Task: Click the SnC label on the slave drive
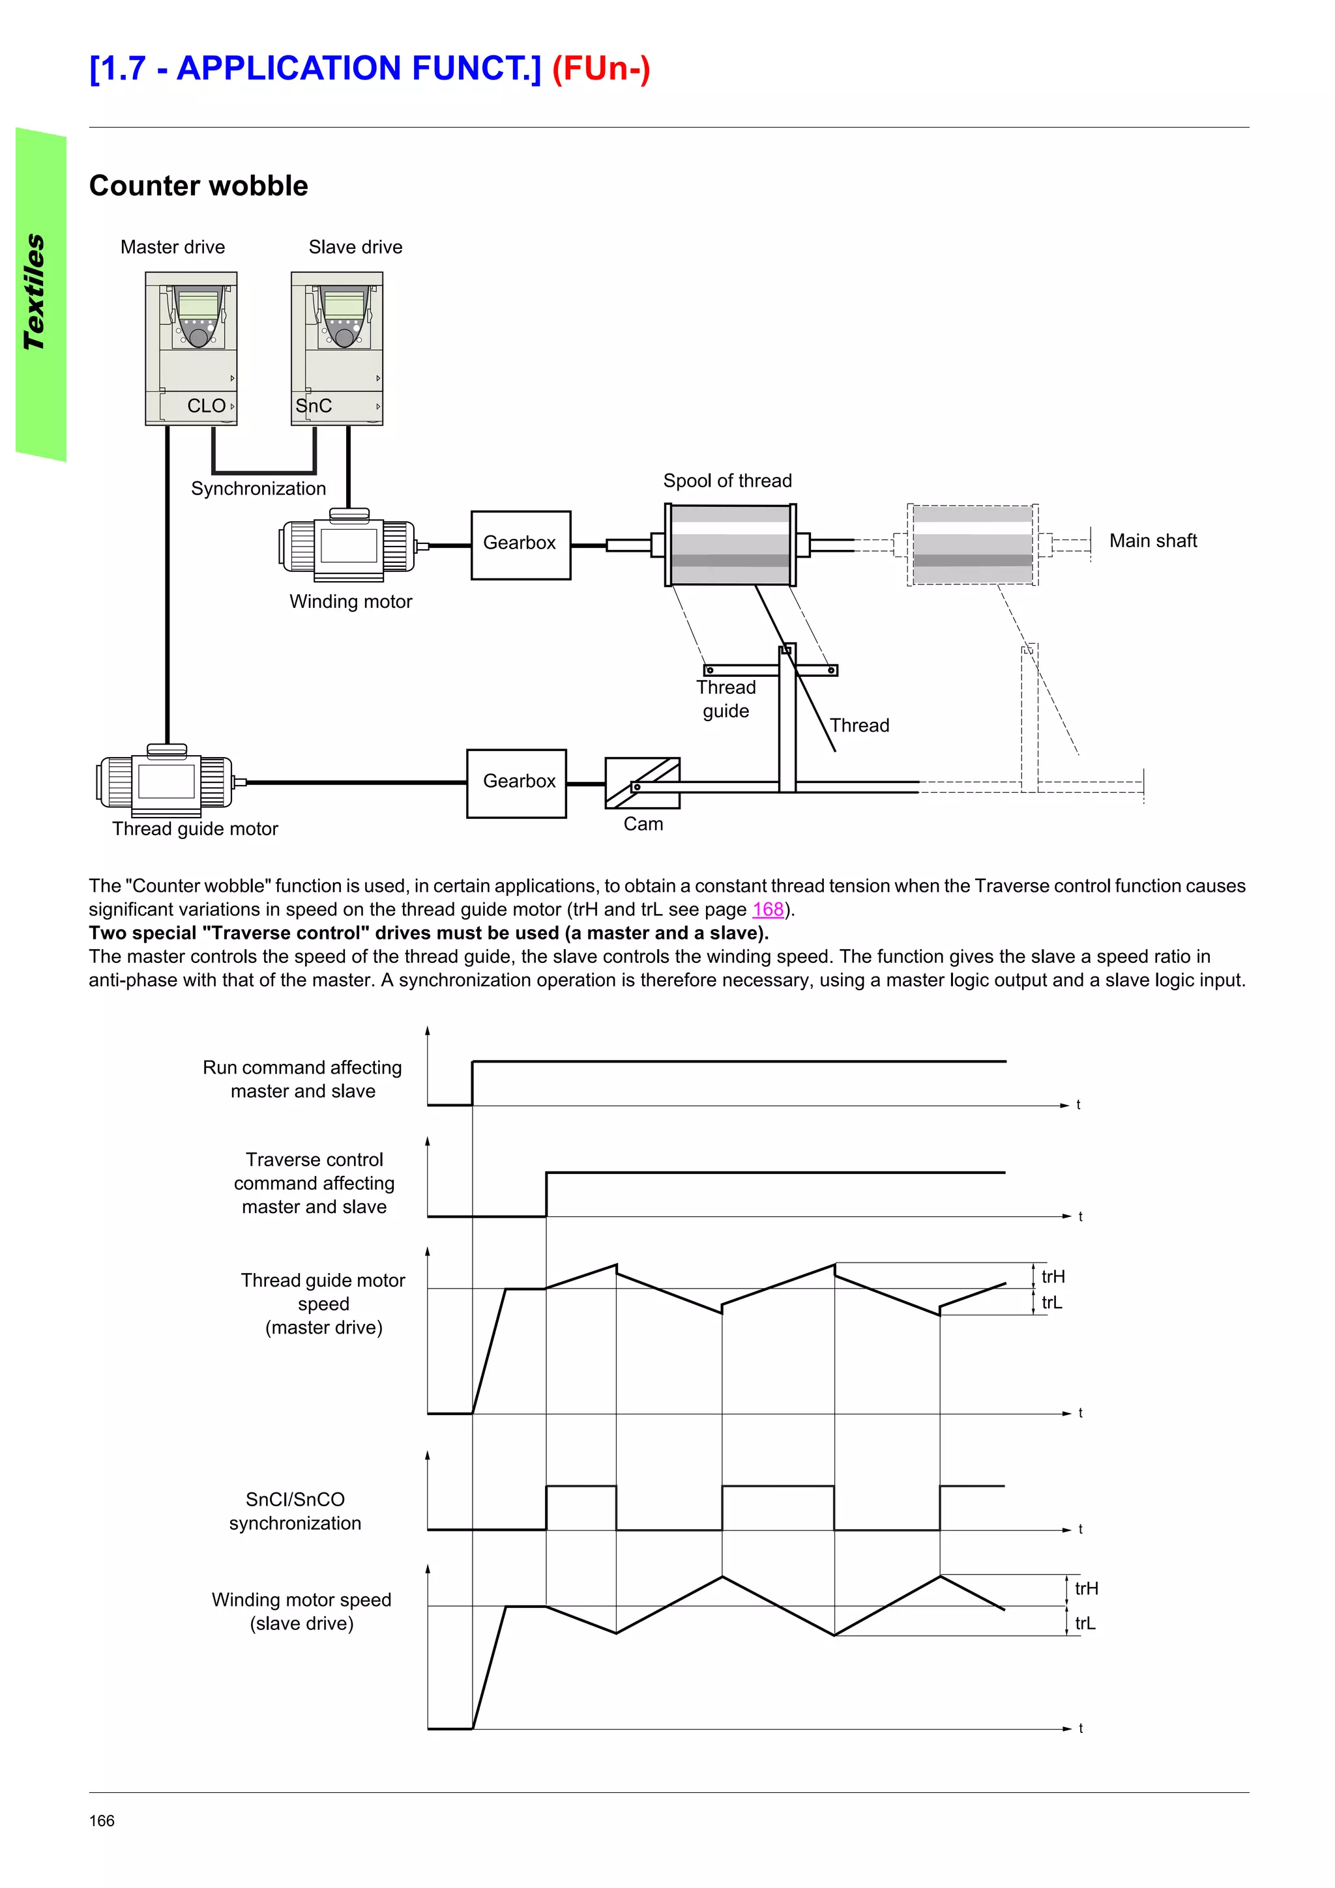[x=314, y=407]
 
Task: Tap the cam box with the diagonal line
[x=643, y=783]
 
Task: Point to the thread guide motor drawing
[x=166, y=780]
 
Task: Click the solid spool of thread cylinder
[x=729, y=545]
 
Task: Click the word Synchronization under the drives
[x=258, y=489]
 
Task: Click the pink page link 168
[x=767, y=909]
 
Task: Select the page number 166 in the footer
[x=102, y=1820]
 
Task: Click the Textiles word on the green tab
[x=35, y=292]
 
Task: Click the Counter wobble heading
[x=198, y=186]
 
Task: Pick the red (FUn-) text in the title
[x=600, y=68]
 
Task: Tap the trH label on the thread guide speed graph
[x=1052, y=1276]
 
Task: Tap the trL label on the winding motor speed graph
[x=1084, y=1623]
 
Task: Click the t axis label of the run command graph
[x=1078, y=1104]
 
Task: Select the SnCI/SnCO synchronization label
[x=295, y=1511]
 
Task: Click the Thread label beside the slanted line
[x=858, y=725]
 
